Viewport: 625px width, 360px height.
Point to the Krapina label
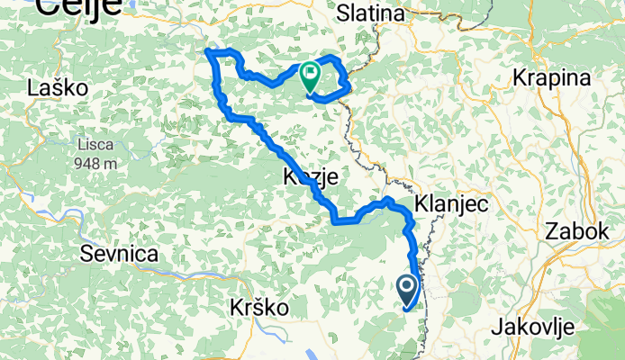(x=551, y=77)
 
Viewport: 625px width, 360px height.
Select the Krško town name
(x=259, y=307)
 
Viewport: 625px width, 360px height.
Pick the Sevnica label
(x=120, y=253)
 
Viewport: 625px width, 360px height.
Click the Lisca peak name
(x=94, y=145)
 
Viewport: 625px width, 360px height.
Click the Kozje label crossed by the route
(x=310, y=177)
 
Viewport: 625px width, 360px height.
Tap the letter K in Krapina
(x=519, y=77)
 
